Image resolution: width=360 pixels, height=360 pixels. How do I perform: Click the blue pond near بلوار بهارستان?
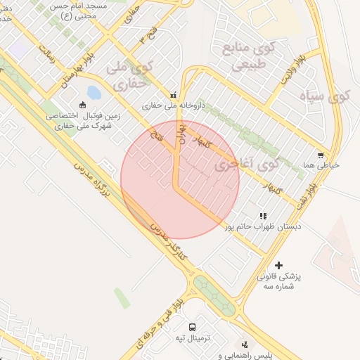[94, 93]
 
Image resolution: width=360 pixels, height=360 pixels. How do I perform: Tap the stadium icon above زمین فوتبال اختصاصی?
[83, 105]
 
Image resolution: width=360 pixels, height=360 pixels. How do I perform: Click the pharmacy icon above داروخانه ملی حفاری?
[173, 95]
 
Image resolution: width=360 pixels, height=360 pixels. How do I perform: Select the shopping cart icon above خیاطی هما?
[321, 155]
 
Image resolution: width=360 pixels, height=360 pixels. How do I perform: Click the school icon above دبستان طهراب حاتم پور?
[262, 216]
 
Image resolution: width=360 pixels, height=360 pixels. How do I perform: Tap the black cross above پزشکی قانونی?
[279, 265]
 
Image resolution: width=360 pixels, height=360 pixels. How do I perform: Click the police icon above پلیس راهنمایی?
[244, 345]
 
